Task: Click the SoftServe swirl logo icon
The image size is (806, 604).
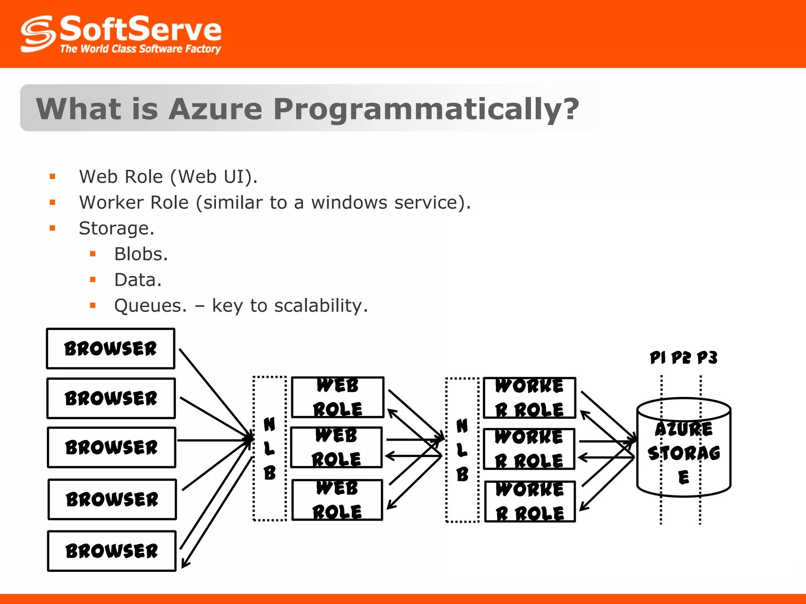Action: [38, 34]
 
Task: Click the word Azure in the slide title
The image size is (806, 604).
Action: [215, 109]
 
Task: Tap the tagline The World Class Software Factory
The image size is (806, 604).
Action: [140, 49]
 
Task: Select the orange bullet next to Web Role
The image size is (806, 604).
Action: [52, 177]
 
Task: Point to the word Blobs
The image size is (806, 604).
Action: [140, 254]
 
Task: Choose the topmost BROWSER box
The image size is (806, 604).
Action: [111, 349]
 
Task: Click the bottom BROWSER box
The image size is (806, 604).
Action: [112, 551]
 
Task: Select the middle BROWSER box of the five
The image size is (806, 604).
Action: [111, 447]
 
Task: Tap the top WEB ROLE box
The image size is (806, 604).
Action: [337, 397]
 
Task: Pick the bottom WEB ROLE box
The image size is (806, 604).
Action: [337, 500]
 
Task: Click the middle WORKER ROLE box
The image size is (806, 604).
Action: [529, 449]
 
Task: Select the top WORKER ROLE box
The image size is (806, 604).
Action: [529, 398]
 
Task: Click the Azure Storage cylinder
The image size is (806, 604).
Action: [684, 452]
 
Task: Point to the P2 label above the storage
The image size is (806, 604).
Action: [681, 357]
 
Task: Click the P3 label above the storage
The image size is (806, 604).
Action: [707, 357]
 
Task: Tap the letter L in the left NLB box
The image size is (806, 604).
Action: [269, 448]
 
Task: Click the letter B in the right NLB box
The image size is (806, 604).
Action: [462, 475]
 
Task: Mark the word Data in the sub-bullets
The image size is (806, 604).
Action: [137, 280]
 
